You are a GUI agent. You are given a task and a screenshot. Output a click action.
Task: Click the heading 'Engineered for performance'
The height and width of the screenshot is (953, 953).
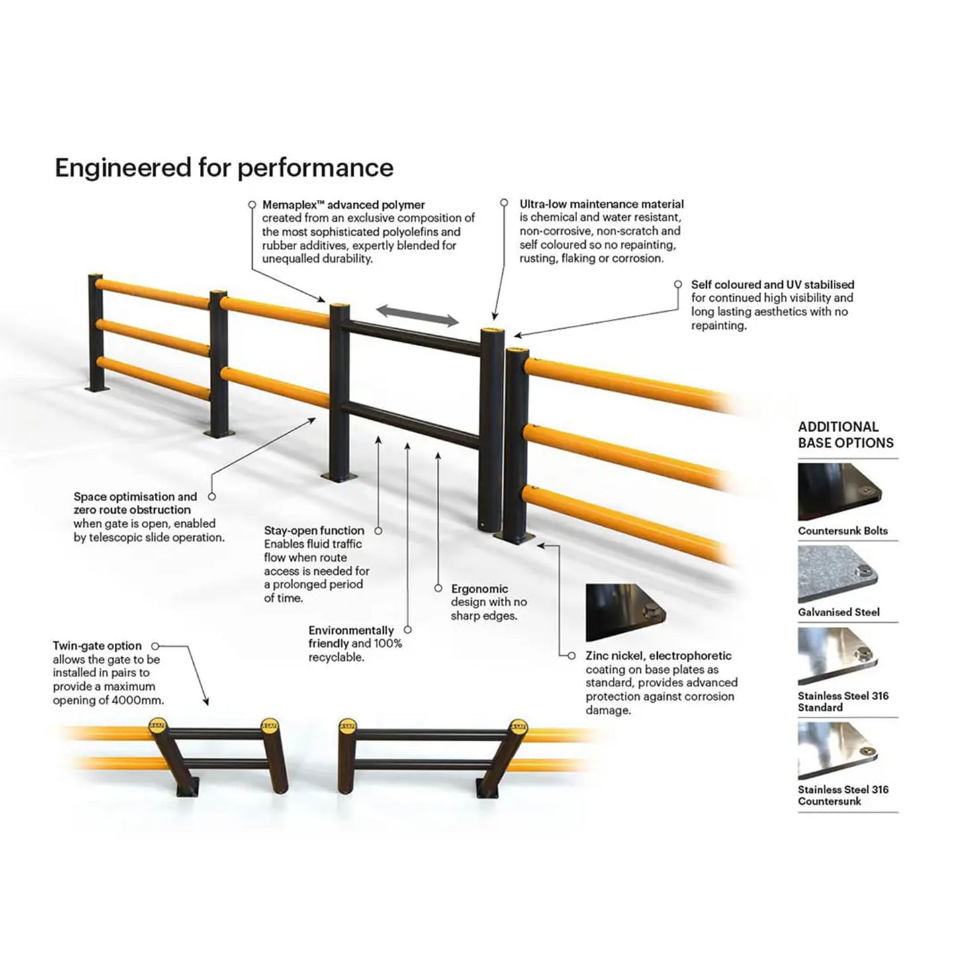pos(224,168)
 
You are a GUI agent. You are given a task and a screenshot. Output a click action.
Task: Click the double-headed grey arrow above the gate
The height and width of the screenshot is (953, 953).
pos(418,316)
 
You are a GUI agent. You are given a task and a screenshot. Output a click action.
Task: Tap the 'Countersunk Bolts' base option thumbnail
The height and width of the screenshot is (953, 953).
pos(840,492)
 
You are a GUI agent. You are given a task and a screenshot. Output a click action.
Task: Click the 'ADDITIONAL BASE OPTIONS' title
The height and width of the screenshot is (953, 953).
pos(845,435)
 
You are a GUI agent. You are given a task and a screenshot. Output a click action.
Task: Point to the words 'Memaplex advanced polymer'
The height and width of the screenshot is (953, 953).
pos(343,205)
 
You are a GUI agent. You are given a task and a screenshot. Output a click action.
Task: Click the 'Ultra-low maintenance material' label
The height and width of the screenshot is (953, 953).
pos(601,204)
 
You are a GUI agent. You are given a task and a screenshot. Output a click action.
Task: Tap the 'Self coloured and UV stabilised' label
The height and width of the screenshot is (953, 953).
pos(772,285)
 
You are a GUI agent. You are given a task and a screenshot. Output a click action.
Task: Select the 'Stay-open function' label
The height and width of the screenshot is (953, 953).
pos(314,531)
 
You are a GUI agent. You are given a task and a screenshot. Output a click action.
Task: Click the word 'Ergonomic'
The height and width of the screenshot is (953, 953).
pos(479,589)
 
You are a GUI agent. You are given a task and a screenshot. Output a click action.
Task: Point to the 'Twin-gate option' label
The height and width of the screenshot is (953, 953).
pos(97,646)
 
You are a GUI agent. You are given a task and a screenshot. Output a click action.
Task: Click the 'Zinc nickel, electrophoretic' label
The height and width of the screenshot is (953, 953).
pos(658,656)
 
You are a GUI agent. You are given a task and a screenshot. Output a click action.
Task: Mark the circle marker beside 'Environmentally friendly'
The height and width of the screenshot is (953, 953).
pos(408,630)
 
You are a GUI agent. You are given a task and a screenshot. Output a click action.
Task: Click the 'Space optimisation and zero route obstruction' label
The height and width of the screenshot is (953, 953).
pos(135,503)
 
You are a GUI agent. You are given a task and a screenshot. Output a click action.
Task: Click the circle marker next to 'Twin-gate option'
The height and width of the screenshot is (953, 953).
pos(156,646)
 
